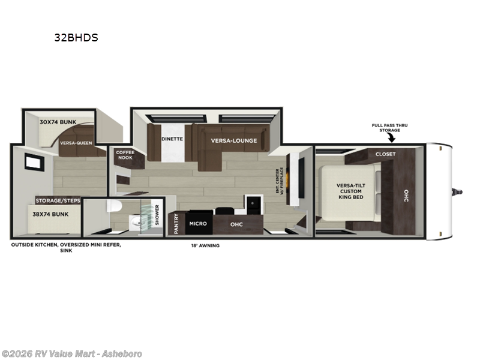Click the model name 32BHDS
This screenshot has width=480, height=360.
(76, 37)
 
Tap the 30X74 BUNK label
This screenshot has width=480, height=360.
(58, 122)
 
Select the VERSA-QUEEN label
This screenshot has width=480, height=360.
(76, 143)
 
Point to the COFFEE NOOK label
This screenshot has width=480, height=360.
(125, 155)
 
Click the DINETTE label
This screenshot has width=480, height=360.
(172, 139)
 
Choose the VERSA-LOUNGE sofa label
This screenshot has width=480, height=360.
(233, 140)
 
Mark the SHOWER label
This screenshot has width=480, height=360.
(157, 214)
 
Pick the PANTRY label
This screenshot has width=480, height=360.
(176, 223)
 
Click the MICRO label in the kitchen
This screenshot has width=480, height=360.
(198, 223)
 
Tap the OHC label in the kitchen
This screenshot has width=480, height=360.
(236, 223)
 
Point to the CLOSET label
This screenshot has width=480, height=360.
(385, 154)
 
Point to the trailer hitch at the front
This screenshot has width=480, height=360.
(459, 192)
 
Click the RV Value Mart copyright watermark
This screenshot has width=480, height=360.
(71, 354)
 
